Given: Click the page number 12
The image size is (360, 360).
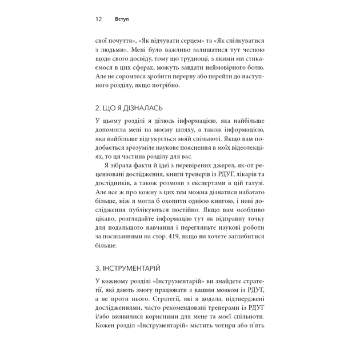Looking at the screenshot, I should coord(99,19).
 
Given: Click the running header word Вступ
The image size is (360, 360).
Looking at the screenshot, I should coord(121,19).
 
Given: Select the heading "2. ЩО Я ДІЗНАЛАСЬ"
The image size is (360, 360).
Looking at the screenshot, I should coord(129,107).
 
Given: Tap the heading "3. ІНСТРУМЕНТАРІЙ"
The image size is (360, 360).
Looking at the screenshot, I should coord(127,267).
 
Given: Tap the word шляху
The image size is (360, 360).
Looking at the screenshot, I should coord(178,131).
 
